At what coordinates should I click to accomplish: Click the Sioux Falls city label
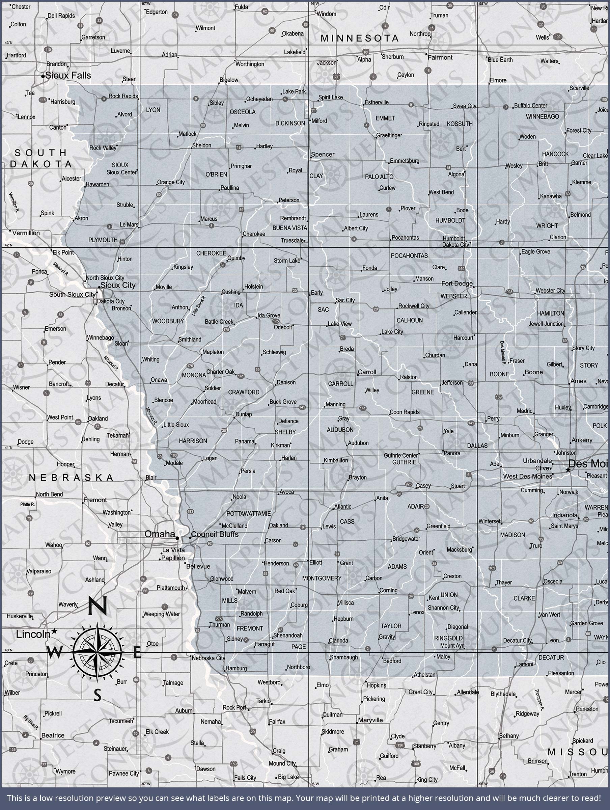(x=68, y=76)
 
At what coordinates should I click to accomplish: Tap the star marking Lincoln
(x=54, y=630)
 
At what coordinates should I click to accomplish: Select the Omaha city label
(x=160, y=534)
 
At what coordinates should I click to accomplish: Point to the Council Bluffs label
(x=215, y=534)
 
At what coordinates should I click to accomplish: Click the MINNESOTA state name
(x=360, y=38)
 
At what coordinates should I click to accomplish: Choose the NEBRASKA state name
(x=71, y=477)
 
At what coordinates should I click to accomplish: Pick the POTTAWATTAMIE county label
(x=249, y=514)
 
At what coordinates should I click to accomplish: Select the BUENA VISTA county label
(x=289, y=228)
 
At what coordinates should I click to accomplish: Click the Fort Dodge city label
(x=457, y=283)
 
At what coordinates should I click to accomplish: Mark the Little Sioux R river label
(x=199, y=306)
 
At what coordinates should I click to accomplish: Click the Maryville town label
(x=370, y=720)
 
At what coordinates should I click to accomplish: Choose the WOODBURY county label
(x=168, y=321)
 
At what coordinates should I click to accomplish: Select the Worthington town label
(x=250, y=64)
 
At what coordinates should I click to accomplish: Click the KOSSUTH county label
(x=460, y=124)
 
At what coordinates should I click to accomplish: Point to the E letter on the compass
(x=137, y=652)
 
